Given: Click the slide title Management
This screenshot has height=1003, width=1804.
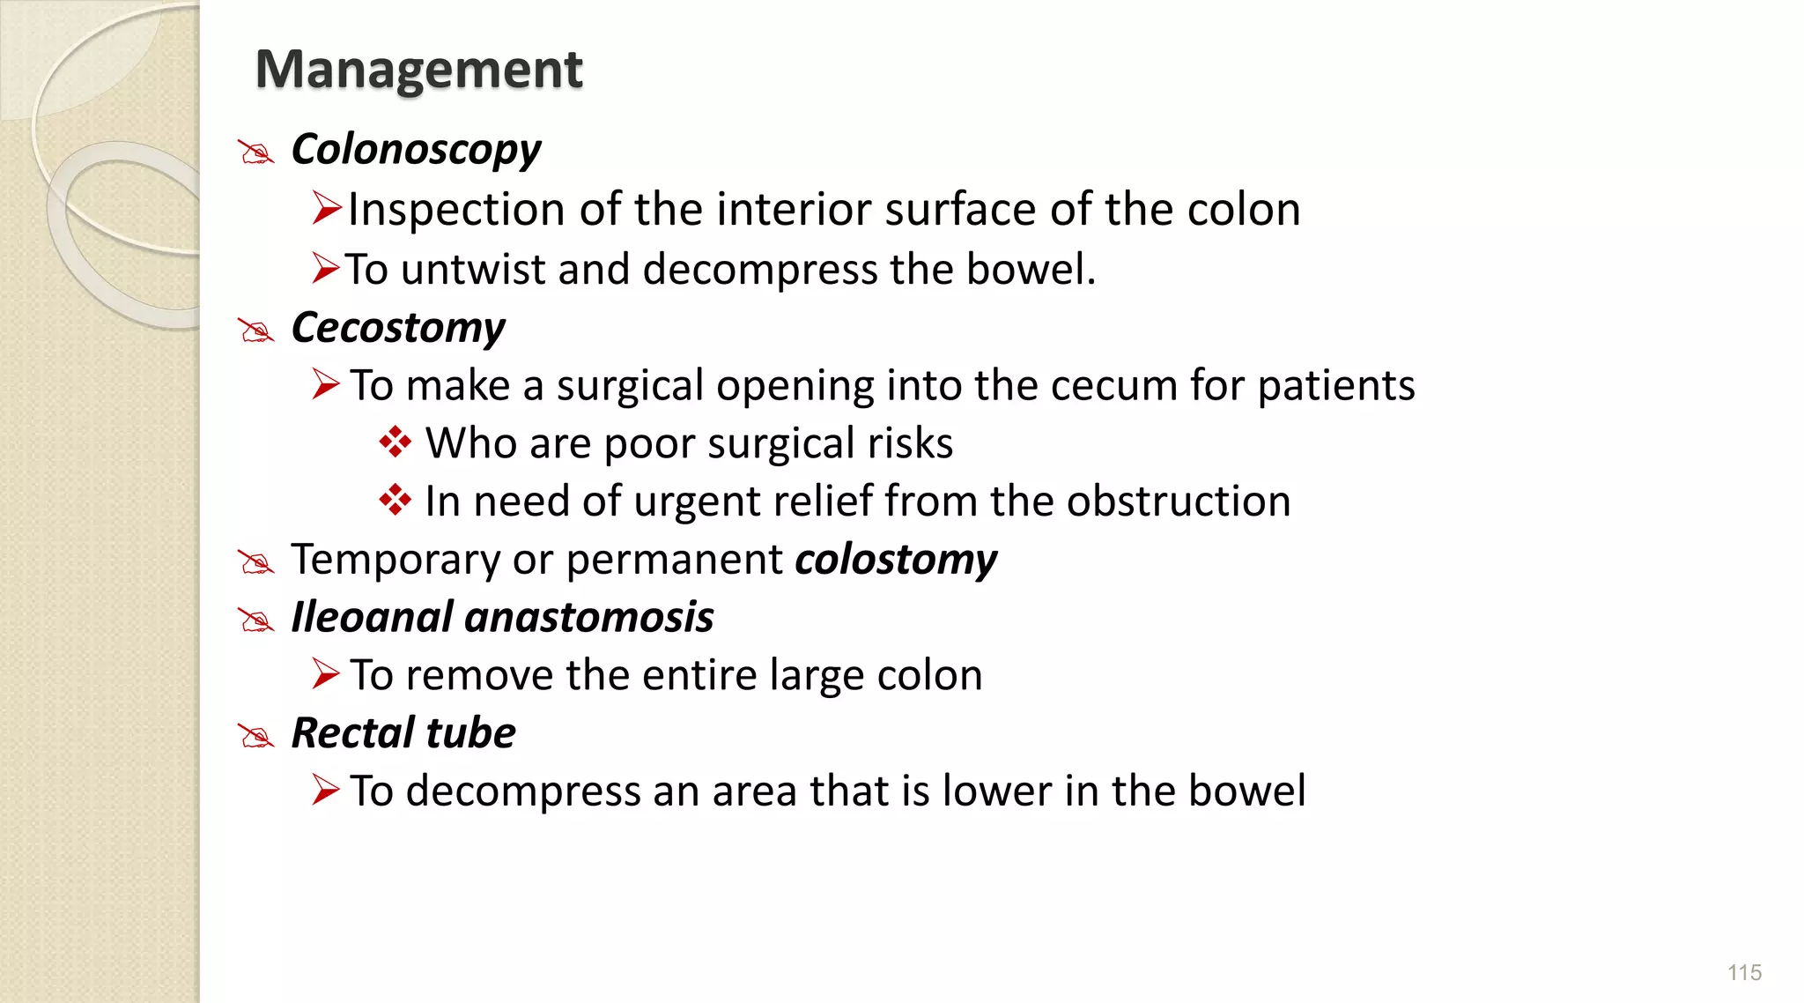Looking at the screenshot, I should [418, 70].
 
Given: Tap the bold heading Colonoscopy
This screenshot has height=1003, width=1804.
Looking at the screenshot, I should [416, 150].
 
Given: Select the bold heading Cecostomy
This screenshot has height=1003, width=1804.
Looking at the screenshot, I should [398, 328].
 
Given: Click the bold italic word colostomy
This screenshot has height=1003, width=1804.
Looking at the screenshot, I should [896, 560].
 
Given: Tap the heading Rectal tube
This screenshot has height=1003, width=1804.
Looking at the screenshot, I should [403, 733].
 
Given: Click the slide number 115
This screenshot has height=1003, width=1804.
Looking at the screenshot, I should [1744, 972].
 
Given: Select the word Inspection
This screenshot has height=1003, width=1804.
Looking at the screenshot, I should [456, 210].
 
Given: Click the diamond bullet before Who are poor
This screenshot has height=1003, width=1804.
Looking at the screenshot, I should [395, 442].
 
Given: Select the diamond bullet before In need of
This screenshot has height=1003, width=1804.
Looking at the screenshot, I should [395, 500].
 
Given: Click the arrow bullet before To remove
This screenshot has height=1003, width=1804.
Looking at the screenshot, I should [325, 674].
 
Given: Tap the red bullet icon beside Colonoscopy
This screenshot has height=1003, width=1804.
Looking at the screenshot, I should [256, 152].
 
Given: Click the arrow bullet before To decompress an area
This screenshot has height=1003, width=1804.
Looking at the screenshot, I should [325, 790].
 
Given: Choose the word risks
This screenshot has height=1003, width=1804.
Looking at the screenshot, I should [910, 443].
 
